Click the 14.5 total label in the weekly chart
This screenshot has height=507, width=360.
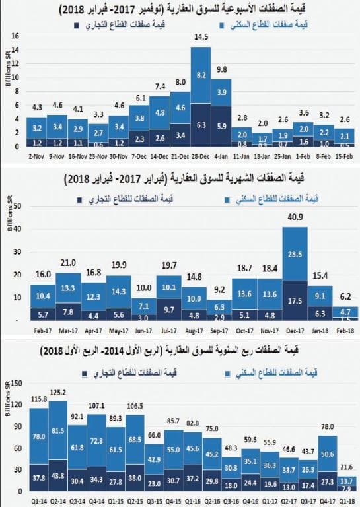click(x=201, y=38)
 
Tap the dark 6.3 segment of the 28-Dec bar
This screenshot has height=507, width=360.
click(x=201, y=124)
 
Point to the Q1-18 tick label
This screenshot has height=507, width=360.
click(x=346, y=501)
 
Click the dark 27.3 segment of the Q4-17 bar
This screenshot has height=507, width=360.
click(x=327, y=481)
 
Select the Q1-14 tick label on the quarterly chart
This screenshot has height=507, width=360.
click(x=40, y=501)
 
